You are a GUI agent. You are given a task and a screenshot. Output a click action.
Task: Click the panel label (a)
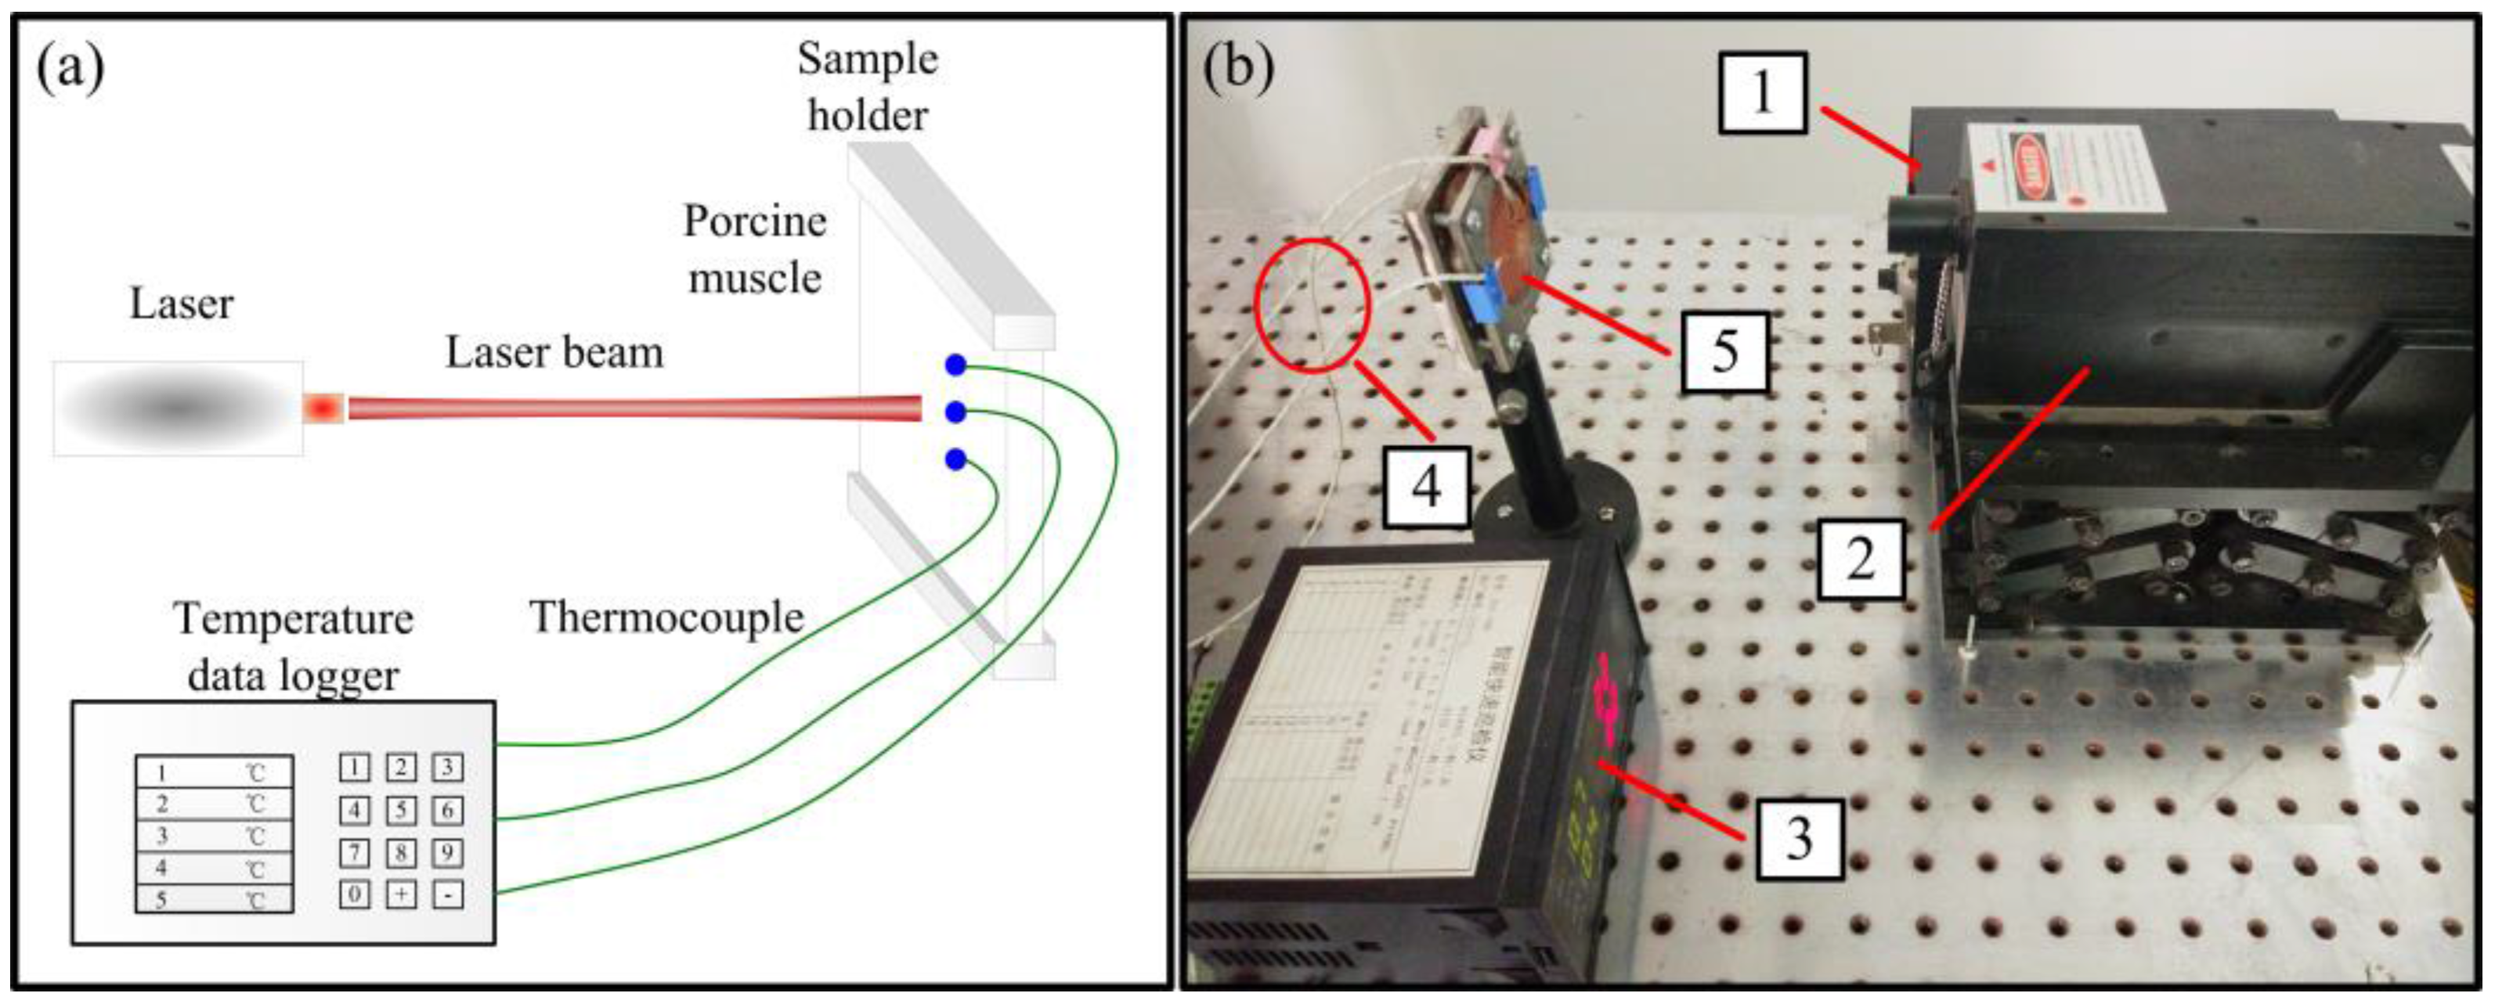tap(70, 69)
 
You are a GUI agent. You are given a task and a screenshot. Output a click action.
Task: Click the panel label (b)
tap(1238, 69)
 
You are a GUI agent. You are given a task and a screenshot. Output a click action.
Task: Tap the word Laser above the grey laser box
tap(181, 304)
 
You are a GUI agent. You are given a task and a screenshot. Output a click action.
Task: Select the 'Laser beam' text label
tap(554, 352)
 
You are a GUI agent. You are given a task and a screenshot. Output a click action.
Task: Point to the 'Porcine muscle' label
tap(754, 250)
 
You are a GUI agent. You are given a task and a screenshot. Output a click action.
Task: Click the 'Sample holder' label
tap(868, 87)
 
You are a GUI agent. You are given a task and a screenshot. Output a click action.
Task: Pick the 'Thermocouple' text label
tap(666, 617)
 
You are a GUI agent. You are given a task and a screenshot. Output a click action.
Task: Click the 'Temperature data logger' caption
tap(294, 646)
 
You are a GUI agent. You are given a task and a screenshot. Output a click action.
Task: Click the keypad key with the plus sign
tap(401, 894)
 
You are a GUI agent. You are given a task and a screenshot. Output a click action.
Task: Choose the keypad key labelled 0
tap(355, 894)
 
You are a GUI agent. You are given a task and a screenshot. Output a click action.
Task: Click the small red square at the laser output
tap(323, 408)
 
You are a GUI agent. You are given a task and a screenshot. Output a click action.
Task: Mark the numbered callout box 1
tap(1762, 93)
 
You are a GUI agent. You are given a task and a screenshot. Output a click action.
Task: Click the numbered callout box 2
tap(1860, 559)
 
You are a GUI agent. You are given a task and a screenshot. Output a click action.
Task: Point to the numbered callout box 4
tap(1427, 487)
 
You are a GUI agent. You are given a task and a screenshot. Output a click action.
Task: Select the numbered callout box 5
tap(1725, 351)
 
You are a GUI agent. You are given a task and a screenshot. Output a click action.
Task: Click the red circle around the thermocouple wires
tap(1312, 305)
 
